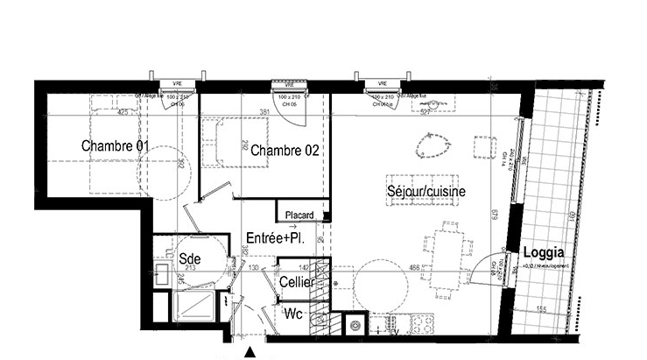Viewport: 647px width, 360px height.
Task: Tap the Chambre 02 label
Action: pos(284,151)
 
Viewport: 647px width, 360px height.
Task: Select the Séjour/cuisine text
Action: pos(426,191)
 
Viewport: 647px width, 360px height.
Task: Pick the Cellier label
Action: pos(298,282)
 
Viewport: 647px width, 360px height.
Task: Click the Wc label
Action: pos(294,315)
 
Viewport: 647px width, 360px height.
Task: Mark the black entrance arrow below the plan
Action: pos(250,352)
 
